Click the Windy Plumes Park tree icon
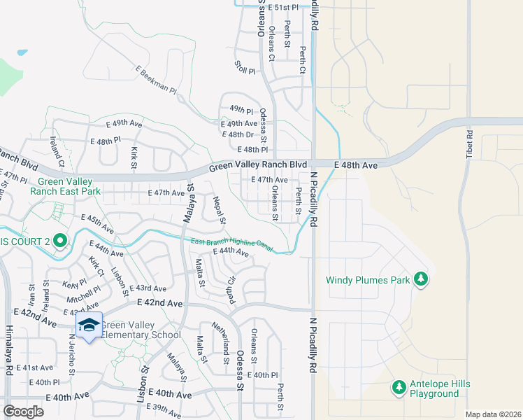coord(420,279)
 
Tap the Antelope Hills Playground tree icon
coord(399,387)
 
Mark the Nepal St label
coord(218,210)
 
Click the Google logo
coord(23,412)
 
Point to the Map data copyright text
coord(494,414)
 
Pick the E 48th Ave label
coord(356,164)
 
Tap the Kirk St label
coord(134,158)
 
